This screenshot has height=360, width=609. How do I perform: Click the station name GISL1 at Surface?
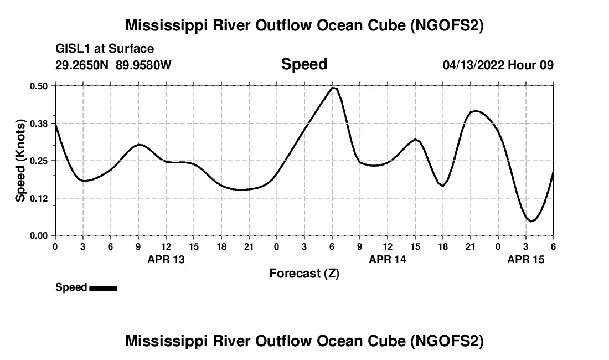tap(105, 49)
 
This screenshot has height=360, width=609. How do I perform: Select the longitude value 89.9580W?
tap(144, 65)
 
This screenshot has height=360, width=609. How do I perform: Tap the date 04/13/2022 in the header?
tap(473, 65)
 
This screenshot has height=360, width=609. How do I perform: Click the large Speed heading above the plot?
tap(304, 64)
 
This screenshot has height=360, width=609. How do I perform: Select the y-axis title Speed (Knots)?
tap(20, 161)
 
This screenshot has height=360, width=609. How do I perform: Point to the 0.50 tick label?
tap(39, 86)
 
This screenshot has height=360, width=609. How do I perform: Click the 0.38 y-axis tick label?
tap(39, 123)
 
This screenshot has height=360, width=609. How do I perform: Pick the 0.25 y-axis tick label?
tap(39, 161)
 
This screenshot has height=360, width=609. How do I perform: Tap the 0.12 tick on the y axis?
tap(39, 198)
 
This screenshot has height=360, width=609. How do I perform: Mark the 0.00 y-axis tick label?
tap(39, 235)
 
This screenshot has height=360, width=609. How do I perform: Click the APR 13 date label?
tap(166, 259)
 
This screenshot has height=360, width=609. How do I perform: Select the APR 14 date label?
tap(388, 259)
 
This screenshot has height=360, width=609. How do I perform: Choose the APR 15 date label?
tap(526, 259)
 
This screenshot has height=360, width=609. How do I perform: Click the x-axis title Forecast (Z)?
tap(304, 273)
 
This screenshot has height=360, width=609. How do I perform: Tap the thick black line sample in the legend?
tap(103, 288)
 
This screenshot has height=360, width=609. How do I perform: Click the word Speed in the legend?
tap(71, 287)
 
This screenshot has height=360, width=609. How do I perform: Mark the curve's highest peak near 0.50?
tap(333, 88)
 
